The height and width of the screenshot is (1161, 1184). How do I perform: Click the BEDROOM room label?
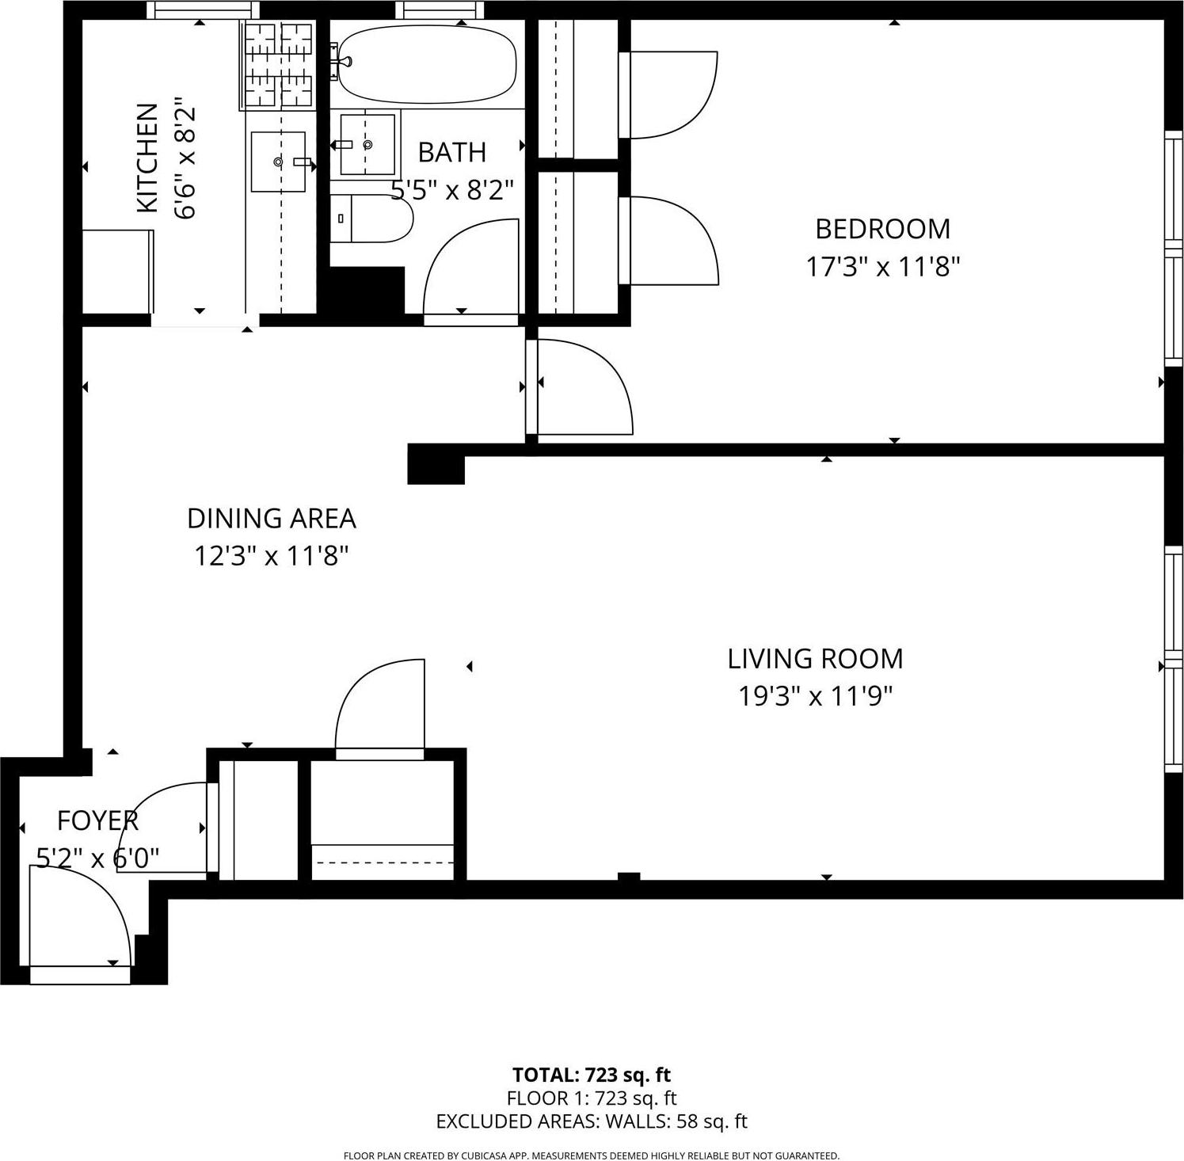[x=882, y=229]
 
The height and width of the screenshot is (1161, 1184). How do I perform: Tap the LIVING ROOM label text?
[x=815, y=659]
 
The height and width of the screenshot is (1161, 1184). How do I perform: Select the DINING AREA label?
[x=271, y=519]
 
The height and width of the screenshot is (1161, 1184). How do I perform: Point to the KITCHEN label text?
[x=147, y=158]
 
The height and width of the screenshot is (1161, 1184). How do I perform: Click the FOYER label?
[x=97, y=821]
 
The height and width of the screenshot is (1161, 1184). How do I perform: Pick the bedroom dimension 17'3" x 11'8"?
[x=882, y=267]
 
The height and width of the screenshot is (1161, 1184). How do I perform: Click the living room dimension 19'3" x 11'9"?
[x=815, y=697]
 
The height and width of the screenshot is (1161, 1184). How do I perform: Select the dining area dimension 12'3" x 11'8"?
[x=271, y=557]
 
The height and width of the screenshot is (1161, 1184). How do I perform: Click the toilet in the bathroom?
[x=372, y=219]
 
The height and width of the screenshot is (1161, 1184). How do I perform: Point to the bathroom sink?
[x=367, y=144]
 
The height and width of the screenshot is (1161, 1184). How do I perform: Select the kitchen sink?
[x=278, y=162]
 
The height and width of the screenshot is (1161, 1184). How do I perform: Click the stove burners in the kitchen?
[x=276, y=64]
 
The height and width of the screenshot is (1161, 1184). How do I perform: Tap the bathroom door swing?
[x=472, y=269]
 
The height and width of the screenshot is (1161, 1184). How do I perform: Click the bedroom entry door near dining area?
[x=582, y=388]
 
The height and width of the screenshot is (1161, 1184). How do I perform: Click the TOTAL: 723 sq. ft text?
[x=591, y=1075]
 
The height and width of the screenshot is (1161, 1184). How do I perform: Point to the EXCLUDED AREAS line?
[x=591, y=1121]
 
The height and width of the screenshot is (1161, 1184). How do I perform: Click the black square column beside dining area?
[x=436, y=464]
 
